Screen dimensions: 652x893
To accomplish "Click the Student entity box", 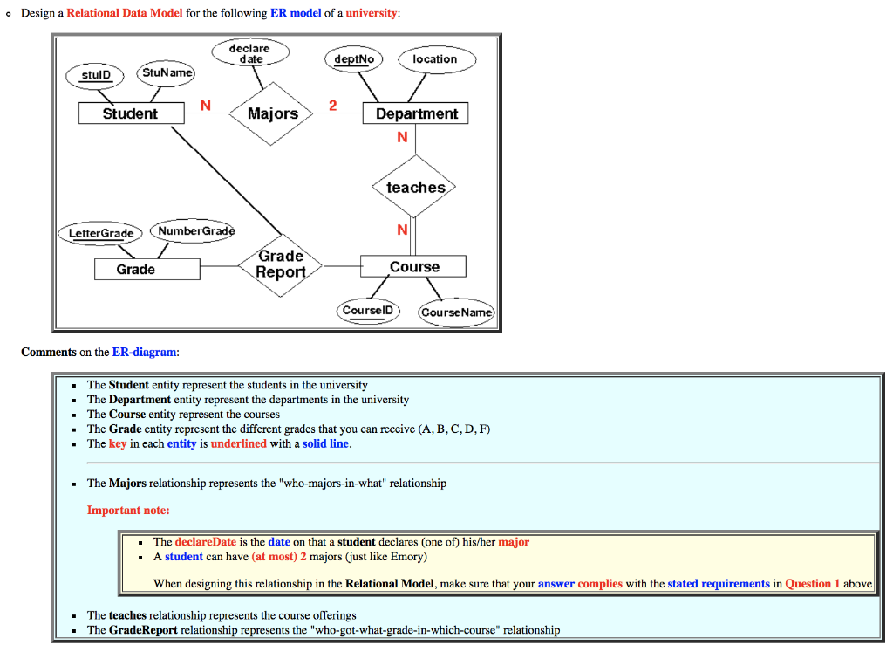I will pyautogui.click(x=131, y=113).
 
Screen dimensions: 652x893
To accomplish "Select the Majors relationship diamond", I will pyautogui.click(x=272, y=113).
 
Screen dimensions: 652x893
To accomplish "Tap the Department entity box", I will pyautogui.click(x=416, y=113).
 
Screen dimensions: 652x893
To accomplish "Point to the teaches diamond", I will pyautogui.click(x=415, y=187).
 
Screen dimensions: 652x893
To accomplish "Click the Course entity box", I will pyautogui.click(x=414, y=266).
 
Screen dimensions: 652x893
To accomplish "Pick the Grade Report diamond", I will pyautogui.click(x=281, y=264).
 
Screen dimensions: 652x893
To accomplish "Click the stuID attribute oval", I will pyautogui.click(x=96, y=75).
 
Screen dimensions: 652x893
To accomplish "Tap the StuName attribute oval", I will pyautogui.click(x=167, y=72).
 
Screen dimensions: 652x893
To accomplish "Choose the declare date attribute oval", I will pyautogui.click(x=249, y=53).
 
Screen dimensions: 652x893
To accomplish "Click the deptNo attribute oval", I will pyautogui.click(x=353, y=59).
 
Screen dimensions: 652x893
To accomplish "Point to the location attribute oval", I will pyautogui.click(x=435, y=59).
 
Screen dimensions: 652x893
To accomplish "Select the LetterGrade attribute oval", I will pyautogui.click(x=101, y=233).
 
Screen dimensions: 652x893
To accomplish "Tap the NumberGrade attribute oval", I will pyautogui.click(x=193, y=230).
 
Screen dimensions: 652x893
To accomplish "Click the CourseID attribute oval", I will pyautogui.click(x=368, y=311).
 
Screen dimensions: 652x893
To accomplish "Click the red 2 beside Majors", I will pyautogui.click(x=331, y=106).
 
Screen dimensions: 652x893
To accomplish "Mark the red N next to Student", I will pyautogui.click(x=205, y=106).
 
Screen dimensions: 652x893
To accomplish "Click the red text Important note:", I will pyautogui.click(x=128, y=510).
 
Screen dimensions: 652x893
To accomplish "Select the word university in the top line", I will pyautogui.click(x=372, y=14).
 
